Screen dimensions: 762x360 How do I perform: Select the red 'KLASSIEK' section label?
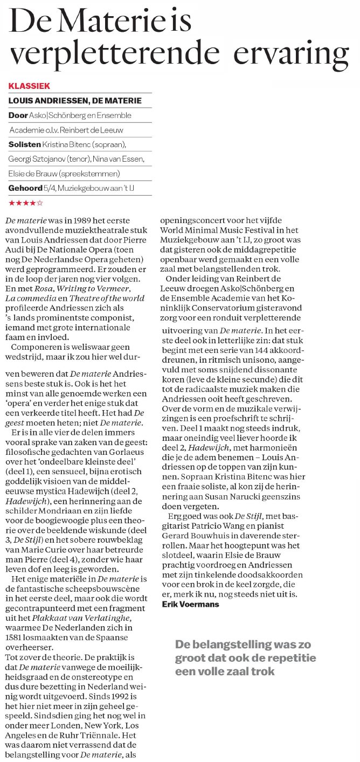[29, 86]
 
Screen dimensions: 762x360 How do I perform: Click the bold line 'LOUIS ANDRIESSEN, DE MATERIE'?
[75, 100]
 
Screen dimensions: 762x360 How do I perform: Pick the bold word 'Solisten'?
[24, 144]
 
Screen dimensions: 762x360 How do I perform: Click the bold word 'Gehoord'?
[25, 189]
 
